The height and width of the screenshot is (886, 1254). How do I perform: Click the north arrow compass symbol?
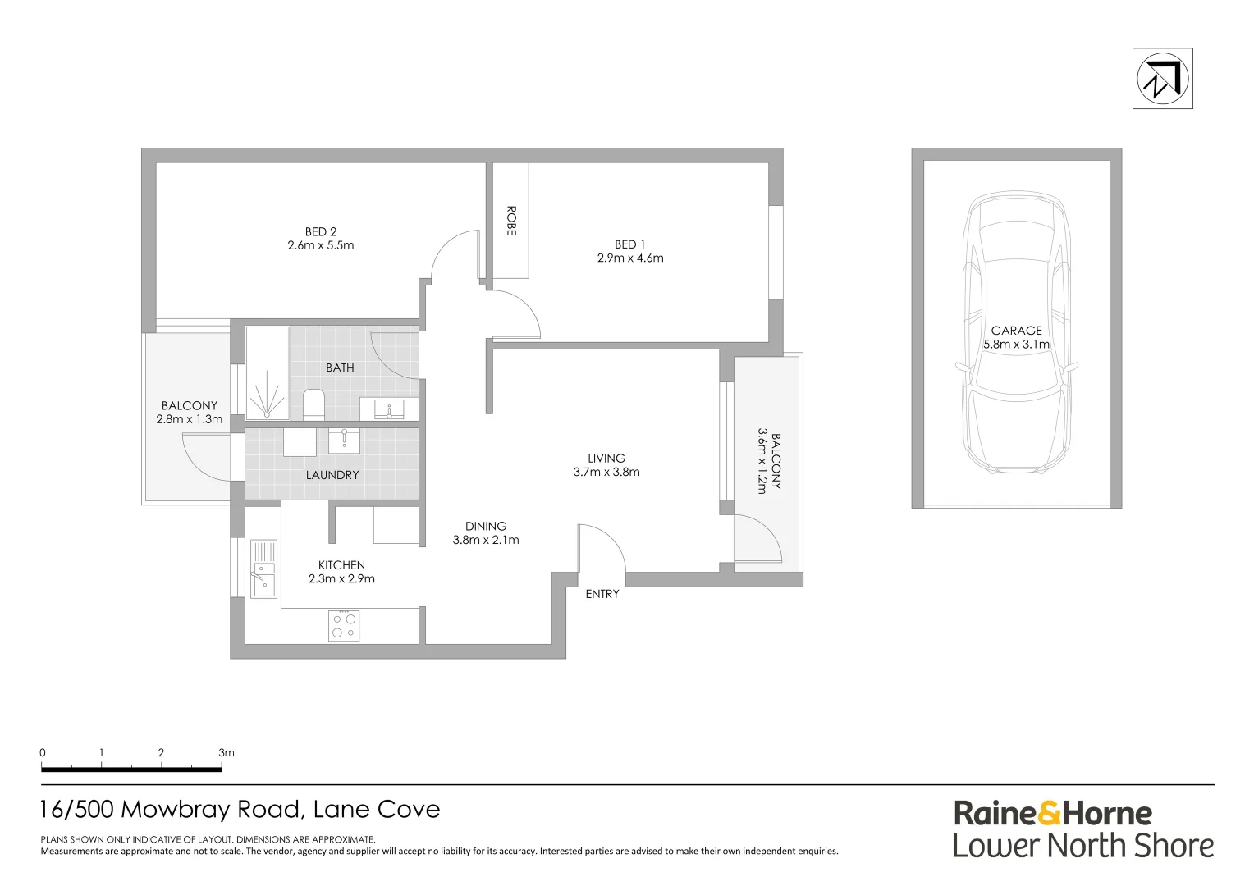click(x=1162, y=79)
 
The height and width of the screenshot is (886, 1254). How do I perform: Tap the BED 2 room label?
click(x=321, y=231)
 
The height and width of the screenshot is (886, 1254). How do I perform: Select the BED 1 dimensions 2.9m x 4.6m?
click(x=630, y=258)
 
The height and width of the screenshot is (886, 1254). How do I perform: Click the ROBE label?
click(x=511, y=221)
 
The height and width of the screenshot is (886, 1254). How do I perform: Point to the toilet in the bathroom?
click(x=313, y=404)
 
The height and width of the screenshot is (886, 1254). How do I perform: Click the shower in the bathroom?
click(x=267, y=372)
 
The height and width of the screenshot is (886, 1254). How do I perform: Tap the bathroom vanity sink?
click(x=389, y=409)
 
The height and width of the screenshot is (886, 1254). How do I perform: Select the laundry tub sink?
click(x=344, y=441)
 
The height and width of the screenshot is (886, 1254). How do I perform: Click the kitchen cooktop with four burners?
click(x=344, y=626)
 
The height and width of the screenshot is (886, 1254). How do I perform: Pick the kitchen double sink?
click(x=263, y=568)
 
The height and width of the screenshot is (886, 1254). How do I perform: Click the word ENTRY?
click(x=602, y=594)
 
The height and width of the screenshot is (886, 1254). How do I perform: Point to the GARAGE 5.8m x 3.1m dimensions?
click(x=1017, y=345)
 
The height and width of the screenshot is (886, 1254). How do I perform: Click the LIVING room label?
click(x=606, y=458)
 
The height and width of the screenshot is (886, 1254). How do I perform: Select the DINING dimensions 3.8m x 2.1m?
click(x=486, y=540)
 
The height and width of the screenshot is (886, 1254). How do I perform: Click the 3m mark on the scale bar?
click(x=227, y=753)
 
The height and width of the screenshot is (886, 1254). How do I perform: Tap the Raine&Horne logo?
click(x=1052, y=814)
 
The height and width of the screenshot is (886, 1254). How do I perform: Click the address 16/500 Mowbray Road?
click(x=172, y=810)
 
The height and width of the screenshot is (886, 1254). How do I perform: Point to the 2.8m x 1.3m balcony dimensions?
click(x=190, y=419)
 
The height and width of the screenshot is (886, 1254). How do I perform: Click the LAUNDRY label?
click(x=332, y=475)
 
